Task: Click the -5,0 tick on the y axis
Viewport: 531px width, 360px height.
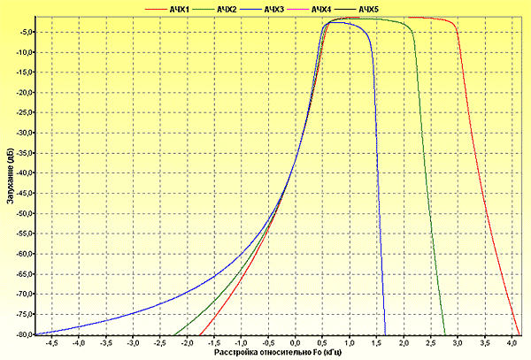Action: pyautogui.click(x=24, y=32)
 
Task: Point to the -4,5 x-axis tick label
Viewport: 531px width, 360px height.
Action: pyautogui.click(x=51, y=342)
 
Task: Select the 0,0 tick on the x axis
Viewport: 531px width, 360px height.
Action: pyautogui.click(x=296, y=342)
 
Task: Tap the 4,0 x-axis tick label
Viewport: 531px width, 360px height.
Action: pyautogui.click(x=512, y=342)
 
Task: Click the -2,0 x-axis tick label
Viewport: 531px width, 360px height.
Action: pyautogui.click(x=187, y=342)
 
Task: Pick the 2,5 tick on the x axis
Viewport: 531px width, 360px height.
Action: pyautogui.click(x=431, y=342)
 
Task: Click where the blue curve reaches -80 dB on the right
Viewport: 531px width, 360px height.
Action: pyautogui.click(x=385, y=334)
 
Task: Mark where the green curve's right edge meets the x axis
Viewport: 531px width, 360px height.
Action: pyautogui.click(x=445, y=334)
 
